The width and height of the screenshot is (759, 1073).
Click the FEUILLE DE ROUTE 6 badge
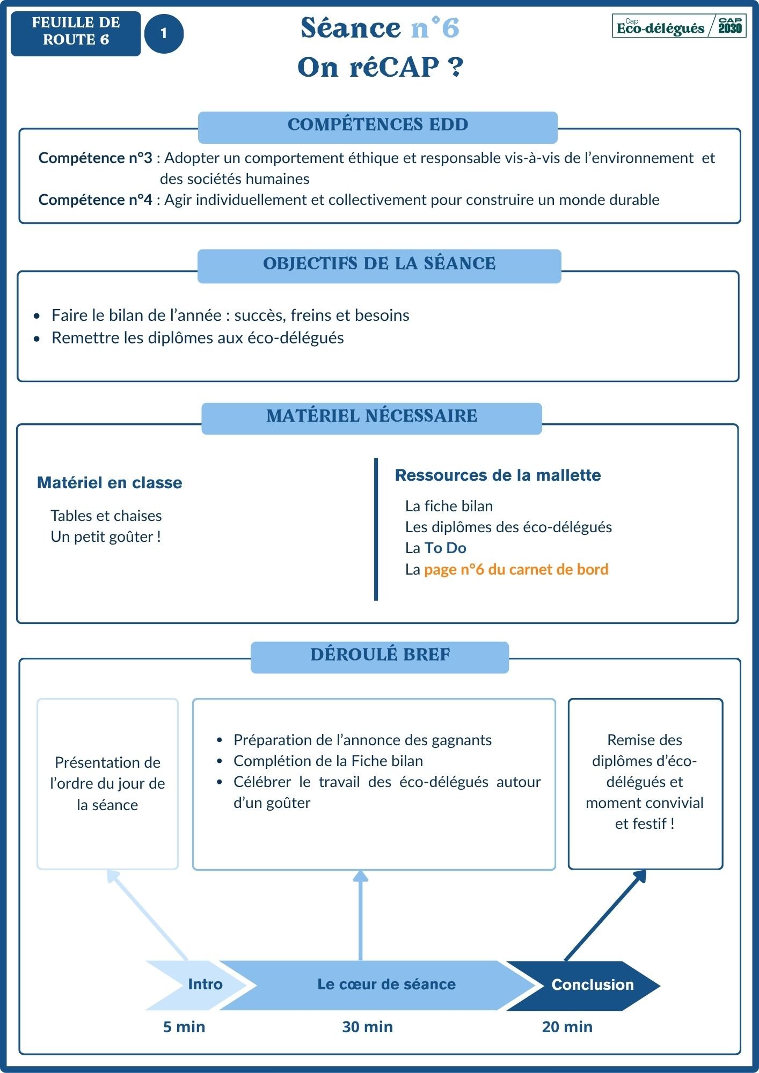pyautogui.click(x=76, y=33)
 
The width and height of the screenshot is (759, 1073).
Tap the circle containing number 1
pyautogui.click(x=164, y=34)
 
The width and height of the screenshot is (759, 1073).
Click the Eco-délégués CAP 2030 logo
pyautogui.click(x=679, y=26)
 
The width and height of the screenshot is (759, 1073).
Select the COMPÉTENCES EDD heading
pyautogui.click(x=378, y=125)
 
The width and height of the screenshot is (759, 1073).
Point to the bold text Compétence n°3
pyautogui.click(x=95, y=158)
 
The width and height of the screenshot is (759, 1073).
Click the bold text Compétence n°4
pyautogui.click(x=95, y=200)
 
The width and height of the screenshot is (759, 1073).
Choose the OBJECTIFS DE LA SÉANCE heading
pyautogui.click(x=379, y=264)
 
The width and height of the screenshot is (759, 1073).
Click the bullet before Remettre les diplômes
pyautogui.click(x=37, y=339)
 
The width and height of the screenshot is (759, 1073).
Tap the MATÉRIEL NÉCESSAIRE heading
pyautogui.click(x=371, y=416)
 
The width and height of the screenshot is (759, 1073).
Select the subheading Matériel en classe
pyautogui.click(x=110, y=483)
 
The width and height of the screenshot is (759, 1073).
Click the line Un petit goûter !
pyautogui.click(x=106, y=537)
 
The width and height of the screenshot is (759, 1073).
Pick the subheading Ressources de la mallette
pyautogui.click(x=498, y=475)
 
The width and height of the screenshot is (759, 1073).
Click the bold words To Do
pyautogui.click(x=445, y=548)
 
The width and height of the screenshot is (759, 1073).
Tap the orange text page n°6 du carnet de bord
pyautogui.click(x=516, y=570)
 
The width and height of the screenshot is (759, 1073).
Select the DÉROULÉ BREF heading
pyautogui.click(x=380, y=655)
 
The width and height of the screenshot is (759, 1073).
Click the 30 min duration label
pyautogui.click(x=367, y=1027)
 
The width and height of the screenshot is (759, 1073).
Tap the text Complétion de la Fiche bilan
pyautogui.click(x=328, y=761)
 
